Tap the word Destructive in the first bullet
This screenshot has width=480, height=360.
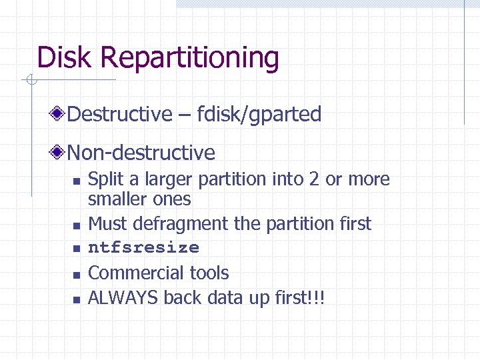coord(120,114)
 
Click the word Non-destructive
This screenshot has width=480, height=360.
coord(141,153)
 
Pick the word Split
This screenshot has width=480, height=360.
coord(101,179)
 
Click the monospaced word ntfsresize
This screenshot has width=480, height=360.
coord(143,248)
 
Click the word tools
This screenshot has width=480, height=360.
coord(208,273)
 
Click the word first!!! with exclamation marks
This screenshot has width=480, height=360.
coord(298,297)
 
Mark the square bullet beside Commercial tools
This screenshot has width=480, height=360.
coord(77,274)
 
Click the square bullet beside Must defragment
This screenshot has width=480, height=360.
coord(77,225)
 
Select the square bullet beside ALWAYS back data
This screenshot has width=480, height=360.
coord(77,299)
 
